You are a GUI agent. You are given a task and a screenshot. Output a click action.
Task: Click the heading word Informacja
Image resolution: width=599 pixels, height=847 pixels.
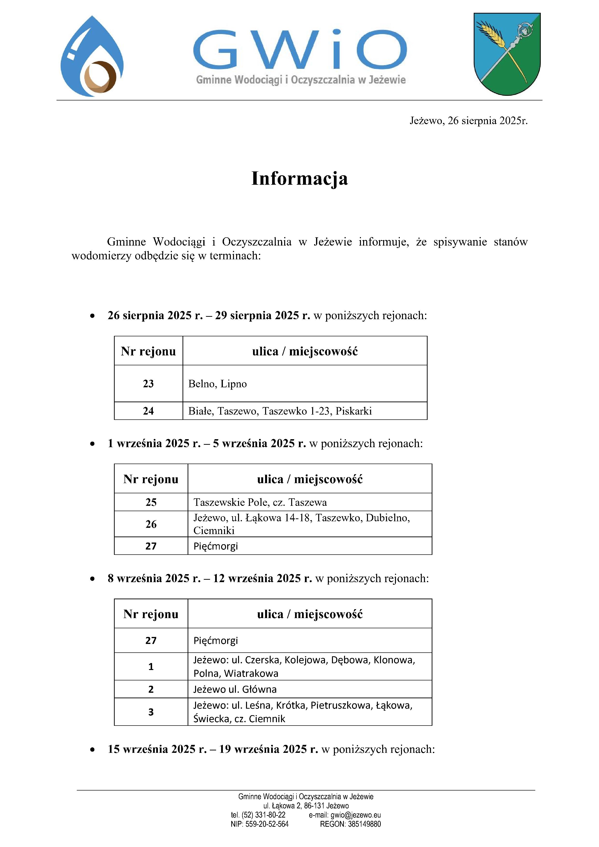[299, 178]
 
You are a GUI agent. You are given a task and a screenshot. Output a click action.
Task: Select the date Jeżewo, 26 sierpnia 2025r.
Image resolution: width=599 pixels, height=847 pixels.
[468, 121]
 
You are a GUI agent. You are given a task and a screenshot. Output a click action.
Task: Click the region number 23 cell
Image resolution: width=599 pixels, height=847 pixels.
[148, 384]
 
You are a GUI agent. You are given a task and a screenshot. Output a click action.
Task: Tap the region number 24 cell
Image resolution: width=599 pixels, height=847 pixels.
[148, 411]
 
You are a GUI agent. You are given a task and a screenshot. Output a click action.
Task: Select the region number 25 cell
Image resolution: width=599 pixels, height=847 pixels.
[151, 502]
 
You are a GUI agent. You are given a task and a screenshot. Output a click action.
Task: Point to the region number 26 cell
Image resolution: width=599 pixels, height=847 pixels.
[151, 524]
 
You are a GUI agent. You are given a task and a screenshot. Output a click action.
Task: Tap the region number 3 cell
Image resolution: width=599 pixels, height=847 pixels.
[151, 712]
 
